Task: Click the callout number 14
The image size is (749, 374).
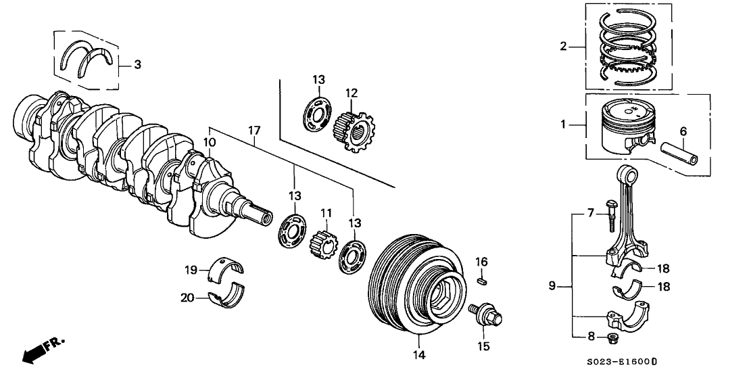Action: [x=420, y=354]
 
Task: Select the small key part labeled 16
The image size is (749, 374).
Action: [x=481, y=277]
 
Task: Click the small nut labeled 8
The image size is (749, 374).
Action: [x=612, y=337]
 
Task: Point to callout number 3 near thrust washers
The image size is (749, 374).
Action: [x=137, y=65]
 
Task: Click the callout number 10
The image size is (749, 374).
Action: [x=210, y=143]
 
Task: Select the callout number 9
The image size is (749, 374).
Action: [x=552, y=286]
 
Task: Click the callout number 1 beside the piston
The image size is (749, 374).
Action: [x=562, y=125]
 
